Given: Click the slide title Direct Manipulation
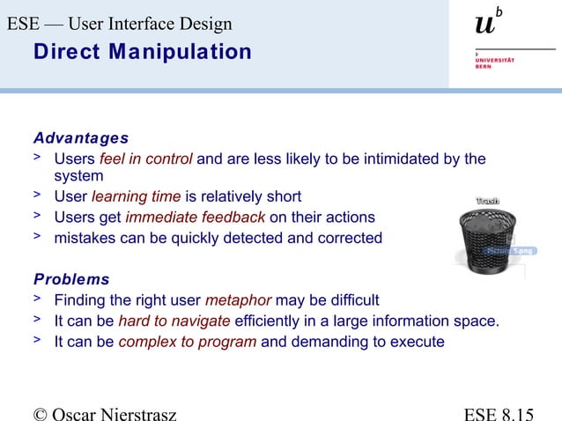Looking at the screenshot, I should [x=142, y=52].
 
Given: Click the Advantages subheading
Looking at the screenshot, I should [x=81, y=138].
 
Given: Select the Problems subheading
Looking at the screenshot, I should [x=71, y=279].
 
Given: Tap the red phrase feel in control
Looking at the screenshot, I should [x=146, y=159].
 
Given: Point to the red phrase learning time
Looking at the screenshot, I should [x=136, y=196].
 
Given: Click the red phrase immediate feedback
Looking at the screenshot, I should [x=195, y=218].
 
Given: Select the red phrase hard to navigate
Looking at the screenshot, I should [x=174, y=321].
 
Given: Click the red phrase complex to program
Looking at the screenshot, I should [x=188, y=342].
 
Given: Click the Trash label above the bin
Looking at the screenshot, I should [x=488, y=202].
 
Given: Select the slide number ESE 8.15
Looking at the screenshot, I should [x=499, y=412].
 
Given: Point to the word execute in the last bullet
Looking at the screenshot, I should [x=416, y=342].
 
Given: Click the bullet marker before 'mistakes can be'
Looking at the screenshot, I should [x=38, y=236].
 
